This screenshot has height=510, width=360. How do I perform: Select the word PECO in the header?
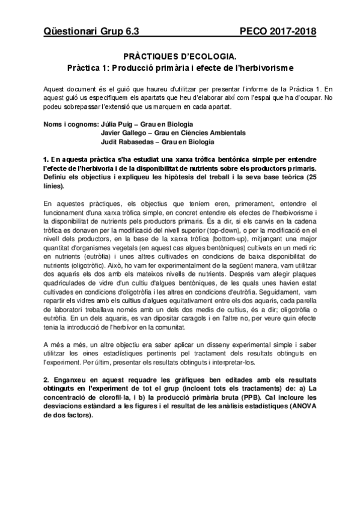(253, 31)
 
